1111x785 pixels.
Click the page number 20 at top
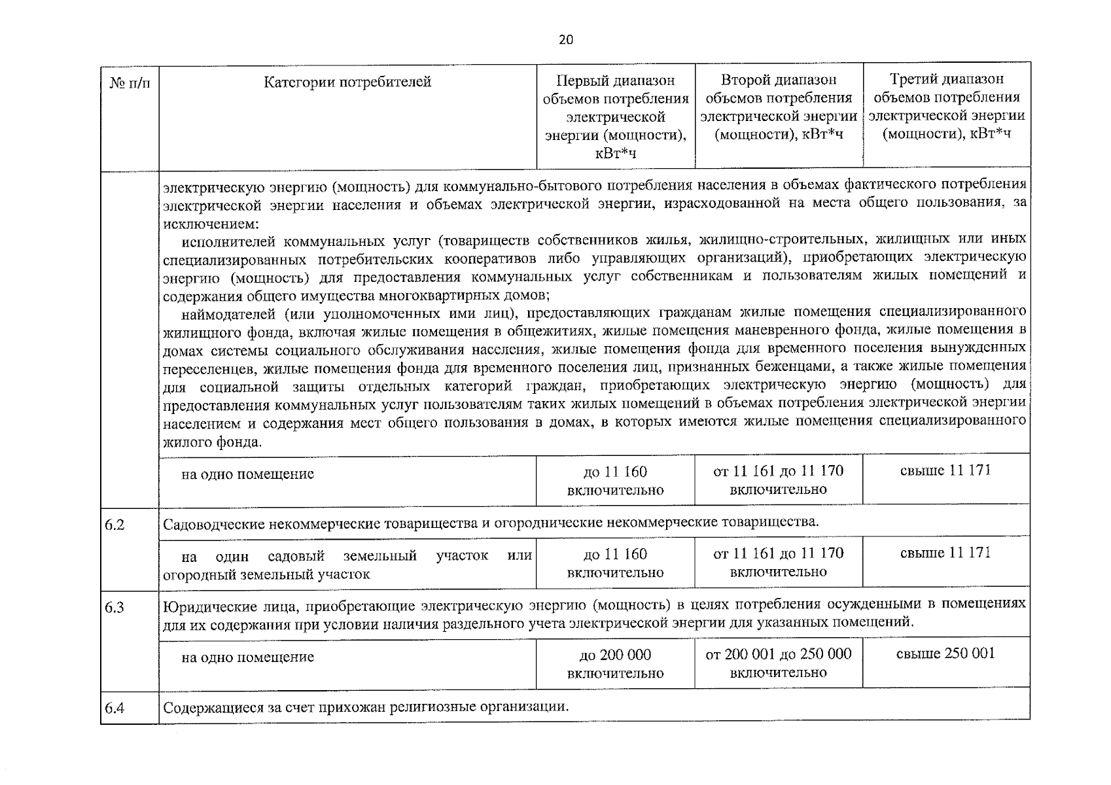pyautogui.click(x=566, y=40)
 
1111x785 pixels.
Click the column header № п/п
pyautogui.click(x=130, y=83)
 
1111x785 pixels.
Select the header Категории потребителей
pyautogui.click(x=347, y=82)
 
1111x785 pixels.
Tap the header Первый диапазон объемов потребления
pyautogui.click(x=615, y=116)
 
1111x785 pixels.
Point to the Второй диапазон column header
pyautogui.click(x=779, y=107)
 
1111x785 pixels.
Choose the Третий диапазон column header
pyautogui.click(x=946, y=107)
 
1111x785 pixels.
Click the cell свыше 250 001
pyautogui.click(x=945, y=654)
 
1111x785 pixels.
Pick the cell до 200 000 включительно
pyautogui.click(x=615, y=663)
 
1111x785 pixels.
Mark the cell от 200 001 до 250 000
pyautogui.click(x=779, y=654)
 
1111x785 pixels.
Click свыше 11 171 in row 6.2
pyautogui.click(x=945, y=553)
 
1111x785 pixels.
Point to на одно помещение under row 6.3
pyautogui.click(x=247, y=657)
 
